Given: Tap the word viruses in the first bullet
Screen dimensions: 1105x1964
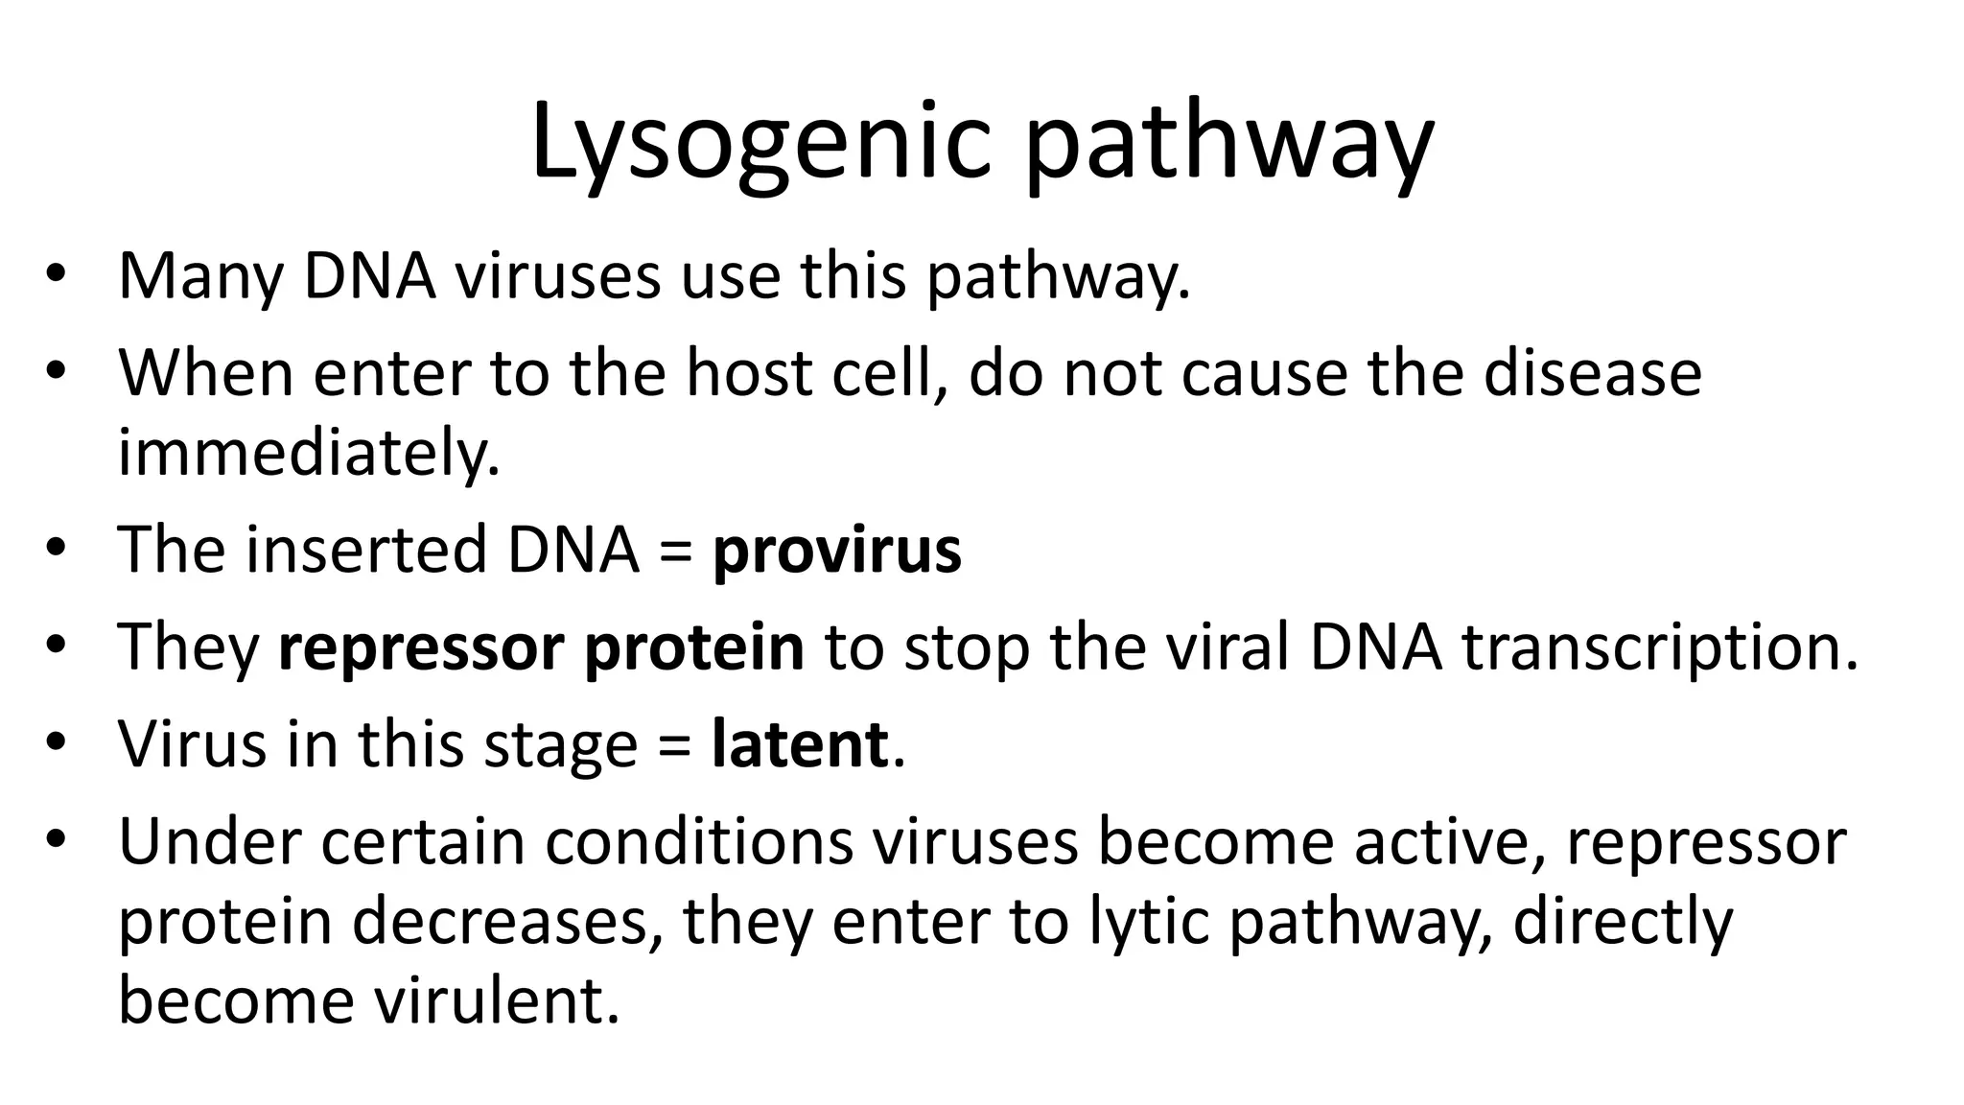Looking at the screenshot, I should (x=557, y=276).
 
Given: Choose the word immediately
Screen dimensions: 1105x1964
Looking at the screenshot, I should (x=309, y=452).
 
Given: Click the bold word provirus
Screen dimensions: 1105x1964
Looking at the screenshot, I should (x=836, y=551).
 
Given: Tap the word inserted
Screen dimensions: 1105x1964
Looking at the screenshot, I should (x=366, y=551).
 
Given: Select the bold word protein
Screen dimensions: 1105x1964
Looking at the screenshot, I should (x=693, y=647).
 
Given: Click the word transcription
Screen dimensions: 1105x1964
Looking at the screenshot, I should (x=1659, y=647).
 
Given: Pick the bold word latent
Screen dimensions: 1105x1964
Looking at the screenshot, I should (x=799, y=744).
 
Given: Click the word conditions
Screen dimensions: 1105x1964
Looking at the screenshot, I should (x=699, y=841).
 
